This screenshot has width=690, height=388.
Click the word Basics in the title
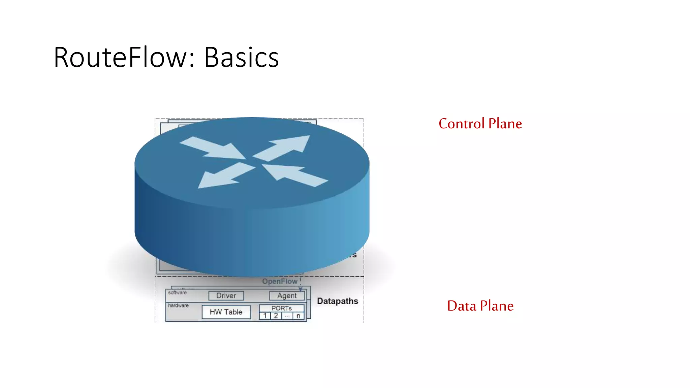pos(241,58)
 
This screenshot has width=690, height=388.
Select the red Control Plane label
pos(480,124)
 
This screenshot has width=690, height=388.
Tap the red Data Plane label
pos(480,306)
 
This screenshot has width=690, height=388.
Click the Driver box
pos(226,296)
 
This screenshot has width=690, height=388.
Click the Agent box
pos(287,296)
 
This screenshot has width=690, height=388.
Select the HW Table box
pos(226,312)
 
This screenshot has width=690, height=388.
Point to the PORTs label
pos(282,308)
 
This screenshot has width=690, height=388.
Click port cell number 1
pos(265,316)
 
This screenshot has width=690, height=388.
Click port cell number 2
pos(276,316)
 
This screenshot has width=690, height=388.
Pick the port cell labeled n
pos(299,316)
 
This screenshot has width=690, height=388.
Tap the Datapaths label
pos(337,301)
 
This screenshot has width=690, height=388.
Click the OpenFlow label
pos(280,282)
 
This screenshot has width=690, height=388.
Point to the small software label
pos(177,293)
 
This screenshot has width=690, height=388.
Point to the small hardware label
pos(178,305)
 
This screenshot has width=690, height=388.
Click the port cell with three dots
pos(287,316)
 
